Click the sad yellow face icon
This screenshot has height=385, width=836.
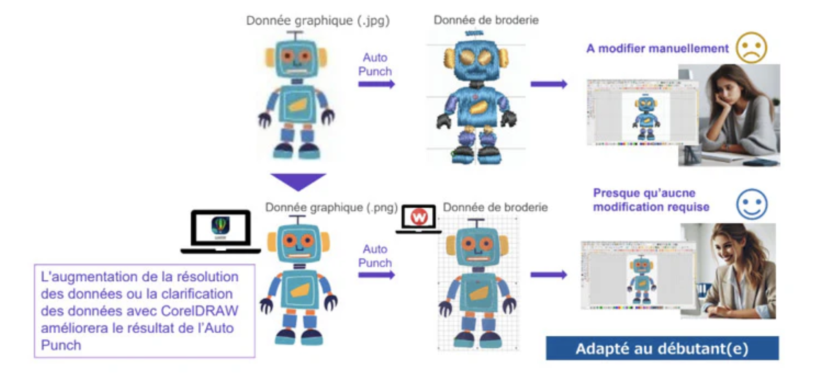click(751, 48)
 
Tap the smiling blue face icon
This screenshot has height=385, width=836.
click(752, 204)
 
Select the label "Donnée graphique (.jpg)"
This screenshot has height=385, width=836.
click(318, 20)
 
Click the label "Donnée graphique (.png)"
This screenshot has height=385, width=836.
click(331, 207)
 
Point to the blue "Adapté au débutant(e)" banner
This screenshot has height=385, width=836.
click(662, 348)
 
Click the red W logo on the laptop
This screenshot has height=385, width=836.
click(419, 217)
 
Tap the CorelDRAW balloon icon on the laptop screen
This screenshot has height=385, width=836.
click(221, 226)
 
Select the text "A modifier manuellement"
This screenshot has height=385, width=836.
click(657, 48)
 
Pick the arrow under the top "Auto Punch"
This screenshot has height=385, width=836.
click(376, 84)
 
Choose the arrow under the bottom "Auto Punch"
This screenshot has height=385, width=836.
click(376, 275)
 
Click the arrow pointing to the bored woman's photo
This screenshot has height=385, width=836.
click(548, 84)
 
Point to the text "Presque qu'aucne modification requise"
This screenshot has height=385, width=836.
click(651, 200)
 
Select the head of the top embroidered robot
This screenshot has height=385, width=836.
click(476, 59)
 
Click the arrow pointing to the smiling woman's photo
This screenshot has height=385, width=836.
click(548, 275)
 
